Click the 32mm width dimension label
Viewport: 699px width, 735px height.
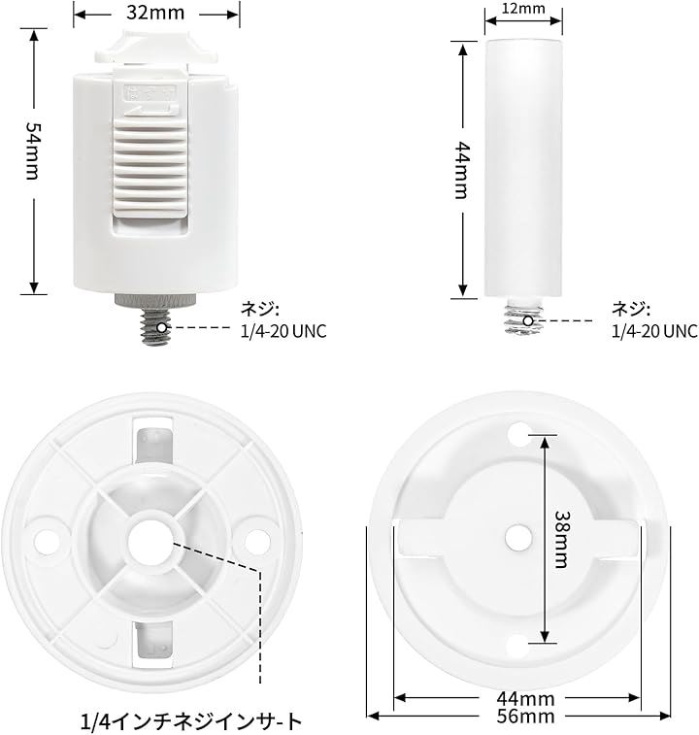click(x=155, y=14)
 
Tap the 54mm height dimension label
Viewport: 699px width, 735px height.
click(x=33, y=150)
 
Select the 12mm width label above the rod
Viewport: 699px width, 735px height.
click(x=523, y=9)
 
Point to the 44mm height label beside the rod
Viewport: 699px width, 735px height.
click(x=462, y=170)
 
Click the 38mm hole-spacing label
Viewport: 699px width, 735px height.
click(x=561, y=539)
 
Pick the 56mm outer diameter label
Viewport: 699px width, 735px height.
click(x=525, y=717)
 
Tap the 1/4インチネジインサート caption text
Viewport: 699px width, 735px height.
click(x=191, y=721)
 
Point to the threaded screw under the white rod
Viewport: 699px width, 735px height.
click(x=523, y=317)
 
